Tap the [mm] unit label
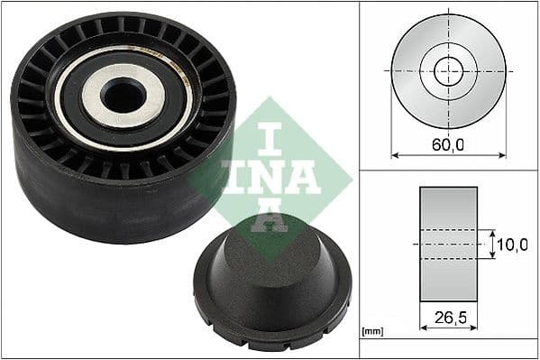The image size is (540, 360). pos(371,333)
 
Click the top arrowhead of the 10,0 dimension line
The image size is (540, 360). pos(492,233)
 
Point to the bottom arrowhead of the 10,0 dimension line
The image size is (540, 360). pos(492,256)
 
